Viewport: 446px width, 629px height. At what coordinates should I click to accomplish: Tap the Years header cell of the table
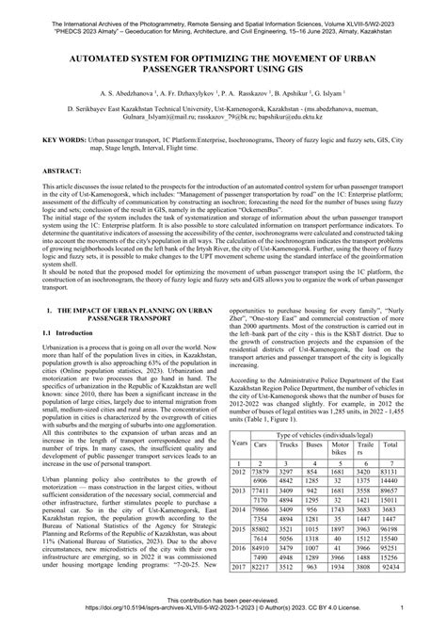[x=239, y=442]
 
